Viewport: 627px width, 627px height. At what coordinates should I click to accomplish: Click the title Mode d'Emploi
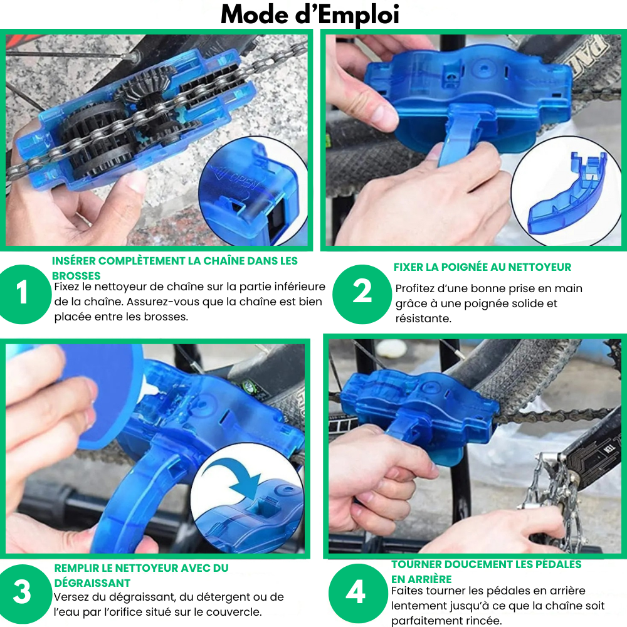pyautogui.click(x=310, y=15)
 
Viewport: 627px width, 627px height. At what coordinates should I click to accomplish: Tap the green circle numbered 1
pyautogui.click(x=22, y=294)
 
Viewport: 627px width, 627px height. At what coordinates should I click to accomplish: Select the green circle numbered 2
pyautogui.click(x=362, y=294)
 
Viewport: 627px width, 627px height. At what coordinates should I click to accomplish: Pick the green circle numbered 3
pyautogui.click(x=22, y=593)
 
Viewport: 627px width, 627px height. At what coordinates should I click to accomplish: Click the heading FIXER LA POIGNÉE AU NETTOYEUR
pyautogui.click(x=482, y=267)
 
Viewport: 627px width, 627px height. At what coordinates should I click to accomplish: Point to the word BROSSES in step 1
pyautogui.click(x=76, y=276)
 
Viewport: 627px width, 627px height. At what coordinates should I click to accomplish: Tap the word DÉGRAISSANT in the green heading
pyautogui.click(x=92, y=582)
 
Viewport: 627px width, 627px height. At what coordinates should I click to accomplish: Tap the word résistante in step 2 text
pyautogui.click(x=423, y=319)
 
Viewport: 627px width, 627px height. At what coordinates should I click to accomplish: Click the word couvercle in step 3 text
pyautogui.click(x=231, y=612)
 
